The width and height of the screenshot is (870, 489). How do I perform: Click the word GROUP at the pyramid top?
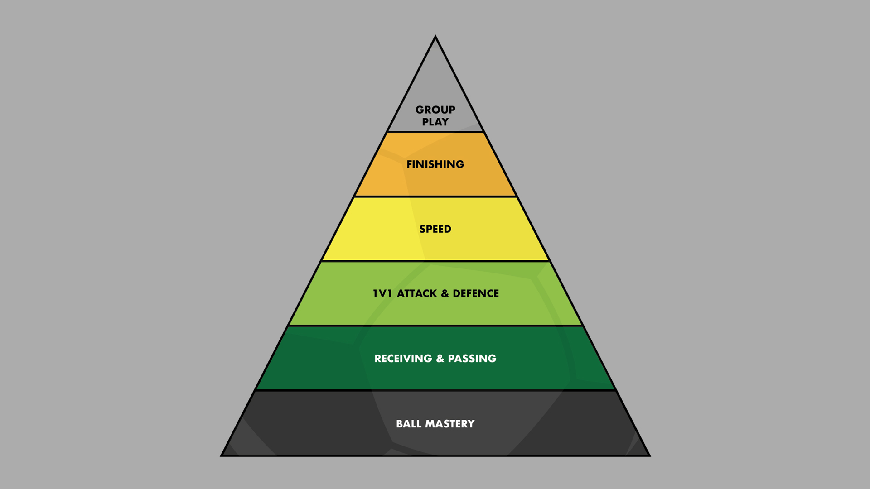(435, 110)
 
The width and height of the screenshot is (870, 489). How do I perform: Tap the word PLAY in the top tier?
(435, 122)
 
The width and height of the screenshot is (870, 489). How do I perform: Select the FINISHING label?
(435, 164)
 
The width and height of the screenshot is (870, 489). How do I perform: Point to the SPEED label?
(435, 229)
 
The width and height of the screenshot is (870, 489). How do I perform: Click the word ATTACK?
(417, 293)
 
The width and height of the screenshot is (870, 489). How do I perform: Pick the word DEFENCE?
(476, 293)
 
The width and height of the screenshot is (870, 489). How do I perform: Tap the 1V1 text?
(382, 293)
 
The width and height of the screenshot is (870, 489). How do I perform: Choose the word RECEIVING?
(403, 359)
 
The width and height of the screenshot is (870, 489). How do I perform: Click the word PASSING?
(472, 359)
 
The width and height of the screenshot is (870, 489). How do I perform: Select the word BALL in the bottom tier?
(409, 424)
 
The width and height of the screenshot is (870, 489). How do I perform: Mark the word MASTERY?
(450, 424)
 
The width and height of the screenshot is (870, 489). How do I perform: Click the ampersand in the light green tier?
(445, 293)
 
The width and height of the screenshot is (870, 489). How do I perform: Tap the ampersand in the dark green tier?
(440, 359)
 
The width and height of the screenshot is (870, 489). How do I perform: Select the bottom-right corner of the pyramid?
(649, 455)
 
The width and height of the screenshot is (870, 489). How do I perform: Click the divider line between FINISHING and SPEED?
(435, 197)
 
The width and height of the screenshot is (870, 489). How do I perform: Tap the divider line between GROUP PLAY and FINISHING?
(435, 132)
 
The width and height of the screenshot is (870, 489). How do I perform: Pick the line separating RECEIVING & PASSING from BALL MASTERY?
(435, 390)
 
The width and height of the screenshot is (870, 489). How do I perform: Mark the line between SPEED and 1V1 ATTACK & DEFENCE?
(435, 261)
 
